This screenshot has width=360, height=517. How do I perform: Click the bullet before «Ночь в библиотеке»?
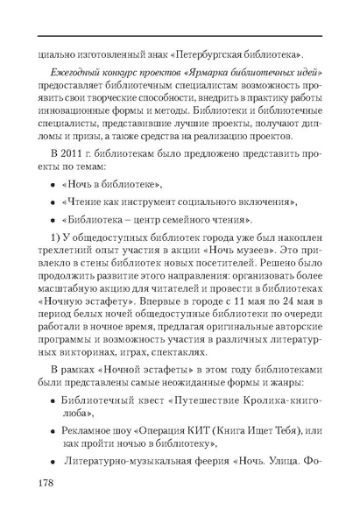(x=53, y=187)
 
